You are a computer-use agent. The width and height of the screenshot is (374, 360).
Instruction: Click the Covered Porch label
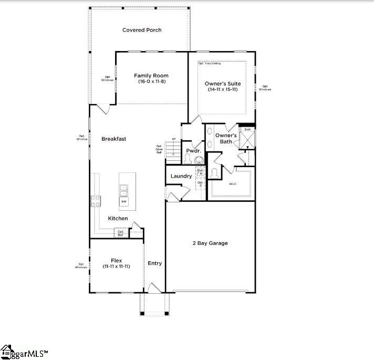142,30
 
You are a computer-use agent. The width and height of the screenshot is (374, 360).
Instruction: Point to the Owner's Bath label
226,138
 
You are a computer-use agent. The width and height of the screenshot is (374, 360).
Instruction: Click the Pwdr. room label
191,151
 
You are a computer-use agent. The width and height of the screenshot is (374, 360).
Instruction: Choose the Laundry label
181,176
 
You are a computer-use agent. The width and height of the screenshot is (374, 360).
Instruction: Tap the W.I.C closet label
233,184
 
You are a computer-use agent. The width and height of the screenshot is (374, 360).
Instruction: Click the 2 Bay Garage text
211,243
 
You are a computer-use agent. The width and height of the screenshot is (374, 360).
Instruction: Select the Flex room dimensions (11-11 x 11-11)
116,266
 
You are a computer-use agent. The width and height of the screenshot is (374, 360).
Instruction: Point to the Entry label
155,263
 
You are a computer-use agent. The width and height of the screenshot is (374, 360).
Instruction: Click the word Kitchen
118,218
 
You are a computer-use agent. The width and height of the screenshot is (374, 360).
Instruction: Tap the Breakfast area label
113,139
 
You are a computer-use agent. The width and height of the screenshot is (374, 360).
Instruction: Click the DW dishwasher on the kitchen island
124,201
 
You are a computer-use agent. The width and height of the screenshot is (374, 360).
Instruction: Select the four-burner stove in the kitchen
96,200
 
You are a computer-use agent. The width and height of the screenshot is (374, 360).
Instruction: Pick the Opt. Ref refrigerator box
121,233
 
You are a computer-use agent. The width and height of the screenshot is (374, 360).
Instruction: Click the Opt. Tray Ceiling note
210,64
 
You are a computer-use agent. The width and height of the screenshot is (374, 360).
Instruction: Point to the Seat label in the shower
246,129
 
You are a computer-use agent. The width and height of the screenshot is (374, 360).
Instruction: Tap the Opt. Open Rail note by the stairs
159,150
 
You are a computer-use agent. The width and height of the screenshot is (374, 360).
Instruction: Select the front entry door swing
153,287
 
